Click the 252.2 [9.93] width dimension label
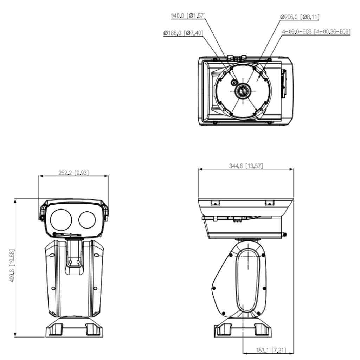[x=73, y=172]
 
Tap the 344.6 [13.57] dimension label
[x=246, y=166]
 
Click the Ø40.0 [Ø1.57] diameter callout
[x=188, y=16]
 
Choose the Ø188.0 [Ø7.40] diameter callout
[x=183, y=33]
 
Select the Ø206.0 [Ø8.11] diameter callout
[x=300, y=17]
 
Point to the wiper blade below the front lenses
[x=68, y=233]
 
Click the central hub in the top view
[x=242, y=91]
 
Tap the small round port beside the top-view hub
[x=234, y=82]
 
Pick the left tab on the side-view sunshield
[x=215, y=202]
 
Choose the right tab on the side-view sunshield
[x=270, y=202]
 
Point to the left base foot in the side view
[x=222, y=329]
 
